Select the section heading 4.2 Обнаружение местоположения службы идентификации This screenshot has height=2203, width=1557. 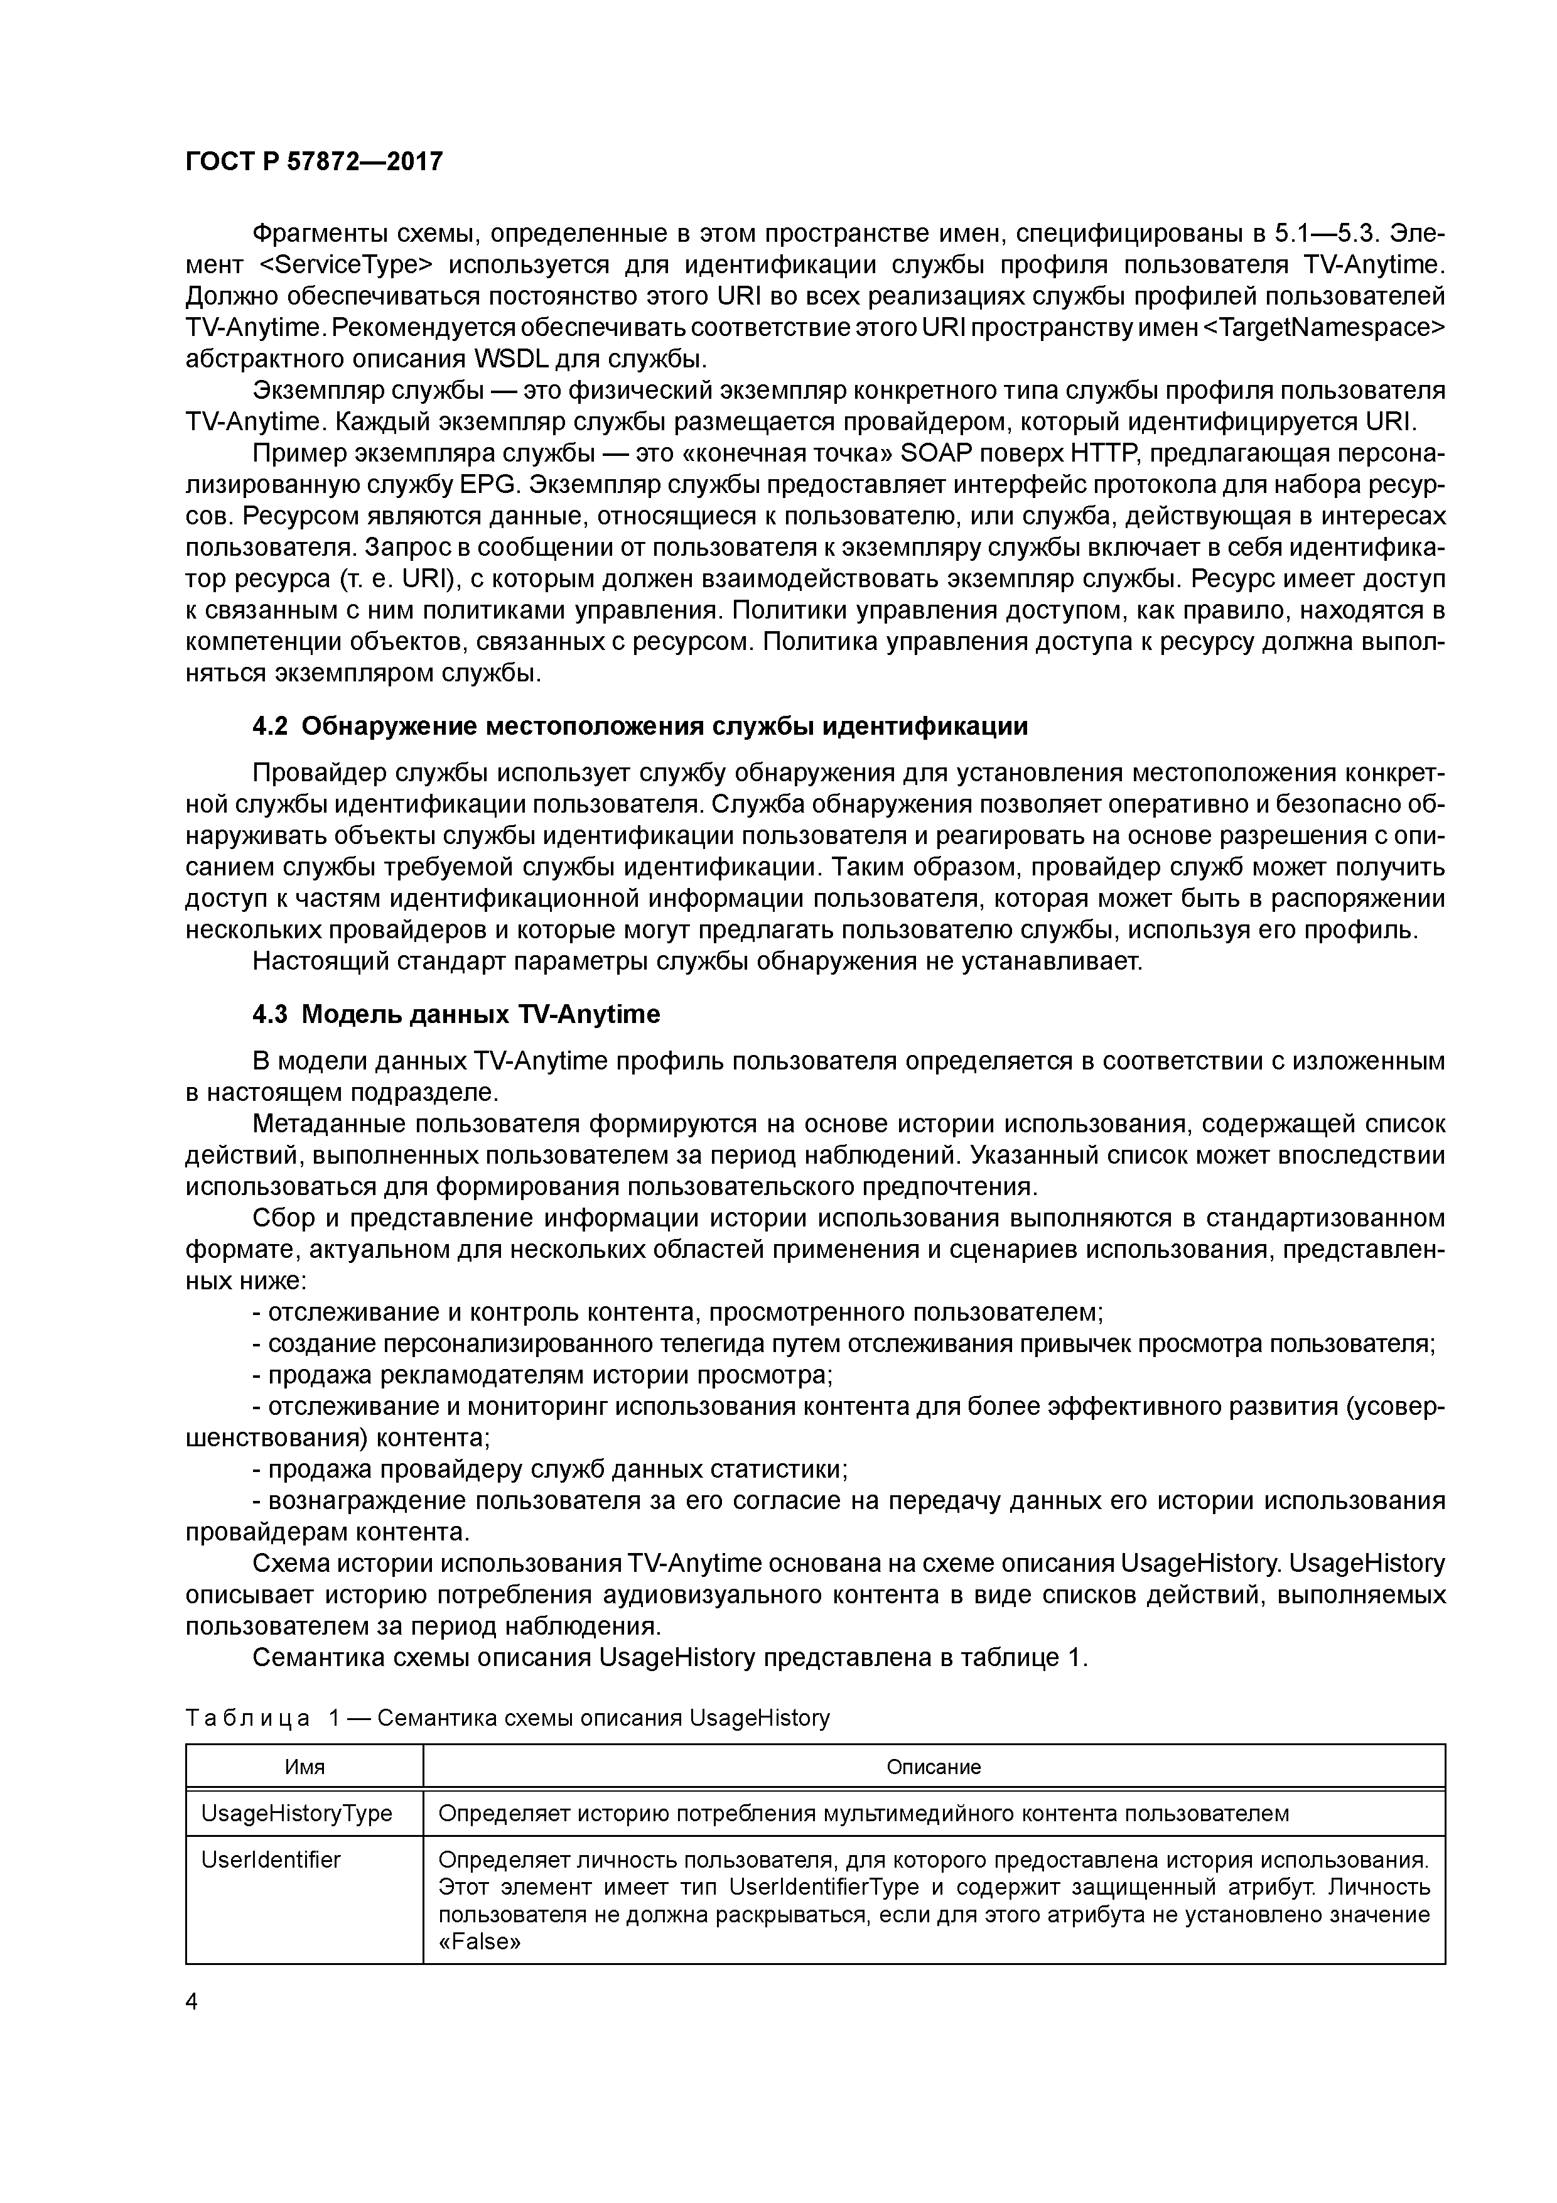(x=640, y=727)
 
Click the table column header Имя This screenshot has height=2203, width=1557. (x=304, y=1767)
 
